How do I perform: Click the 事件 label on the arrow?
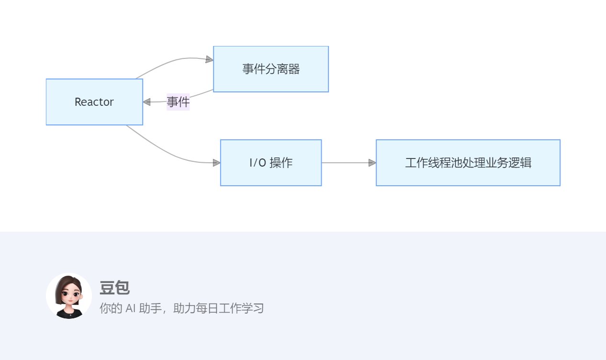click(x=178, y=102)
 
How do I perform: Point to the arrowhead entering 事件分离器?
click(x=210, y=59)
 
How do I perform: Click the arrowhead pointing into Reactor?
click(x=147, y=102)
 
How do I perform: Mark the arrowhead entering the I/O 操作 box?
click(x=216, y=163)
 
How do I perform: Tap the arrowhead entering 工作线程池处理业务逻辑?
click(x=372, y=163)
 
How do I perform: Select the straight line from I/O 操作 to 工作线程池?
click(x=345, y=163)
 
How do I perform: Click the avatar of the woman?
click(x=69, y=296)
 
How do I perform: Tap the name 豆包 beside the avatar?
click(x=114, y=288)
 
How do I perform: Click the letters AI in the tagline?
click(x=130, y=308)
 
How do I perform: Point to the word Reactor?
click(x=94, y=102)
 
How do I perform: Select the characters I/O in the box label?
click(x=258, y=163)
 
